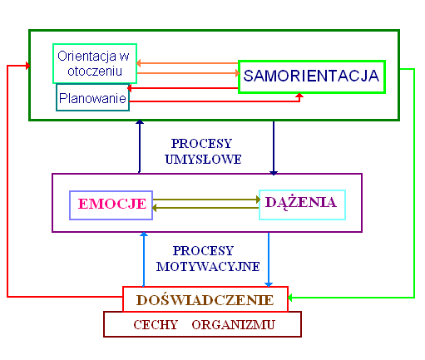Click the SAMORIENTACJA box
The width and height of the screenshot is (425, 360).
[x=312, y=76]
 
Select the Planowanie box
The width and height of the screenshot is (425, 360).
[x=92, y=97]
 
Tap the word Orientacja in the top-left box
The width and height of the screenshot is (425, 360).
[x=86, y=57]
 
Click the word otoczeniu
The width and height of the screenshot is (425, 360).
[x=95, y=72]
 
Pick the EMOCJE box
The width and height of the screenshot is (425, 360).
[x=111, y=205]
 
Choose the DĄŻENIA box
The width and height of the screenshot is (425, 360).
[x=302, y=205]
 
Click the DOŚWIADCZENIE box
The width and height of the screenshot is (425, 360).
[x=205, y=299]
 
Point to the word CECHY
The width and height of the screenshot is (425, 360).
[x=156, y=325]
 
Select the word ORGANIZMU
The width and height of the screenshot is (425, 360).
[x=233, y=325]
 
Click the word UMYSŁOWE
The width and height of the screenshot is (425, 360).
[x=203, y=160]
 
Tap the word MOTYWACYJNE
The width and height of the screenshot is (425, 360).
[x=208, y=267]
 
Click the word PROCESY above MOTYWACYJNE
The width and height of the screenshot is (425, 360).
[x=203, y=251]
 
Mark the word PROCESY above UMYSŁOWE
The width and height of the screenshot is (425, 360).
[x=201, y=144]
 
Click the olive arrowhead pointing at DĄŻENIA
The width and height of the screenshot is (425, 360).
[x=259, y=200]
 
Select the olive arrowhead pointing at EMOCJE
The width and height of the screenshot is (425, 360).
[x=155, y=208]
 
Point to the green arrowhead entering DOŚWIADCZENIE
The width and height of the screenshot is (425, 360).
[x=290, y=298]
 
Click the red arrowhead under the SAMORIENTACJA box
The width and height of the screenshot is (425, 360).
[x=299, y=96]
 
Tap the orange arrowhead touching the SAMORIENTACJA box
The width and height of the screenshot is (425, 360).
[x=237, y=73]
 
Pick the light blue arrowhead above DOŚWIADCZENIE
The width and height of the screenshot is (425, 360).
[x=269, y=284]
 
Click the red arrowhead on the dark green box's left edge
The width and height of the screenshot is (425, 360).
[x=27, y=66]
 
